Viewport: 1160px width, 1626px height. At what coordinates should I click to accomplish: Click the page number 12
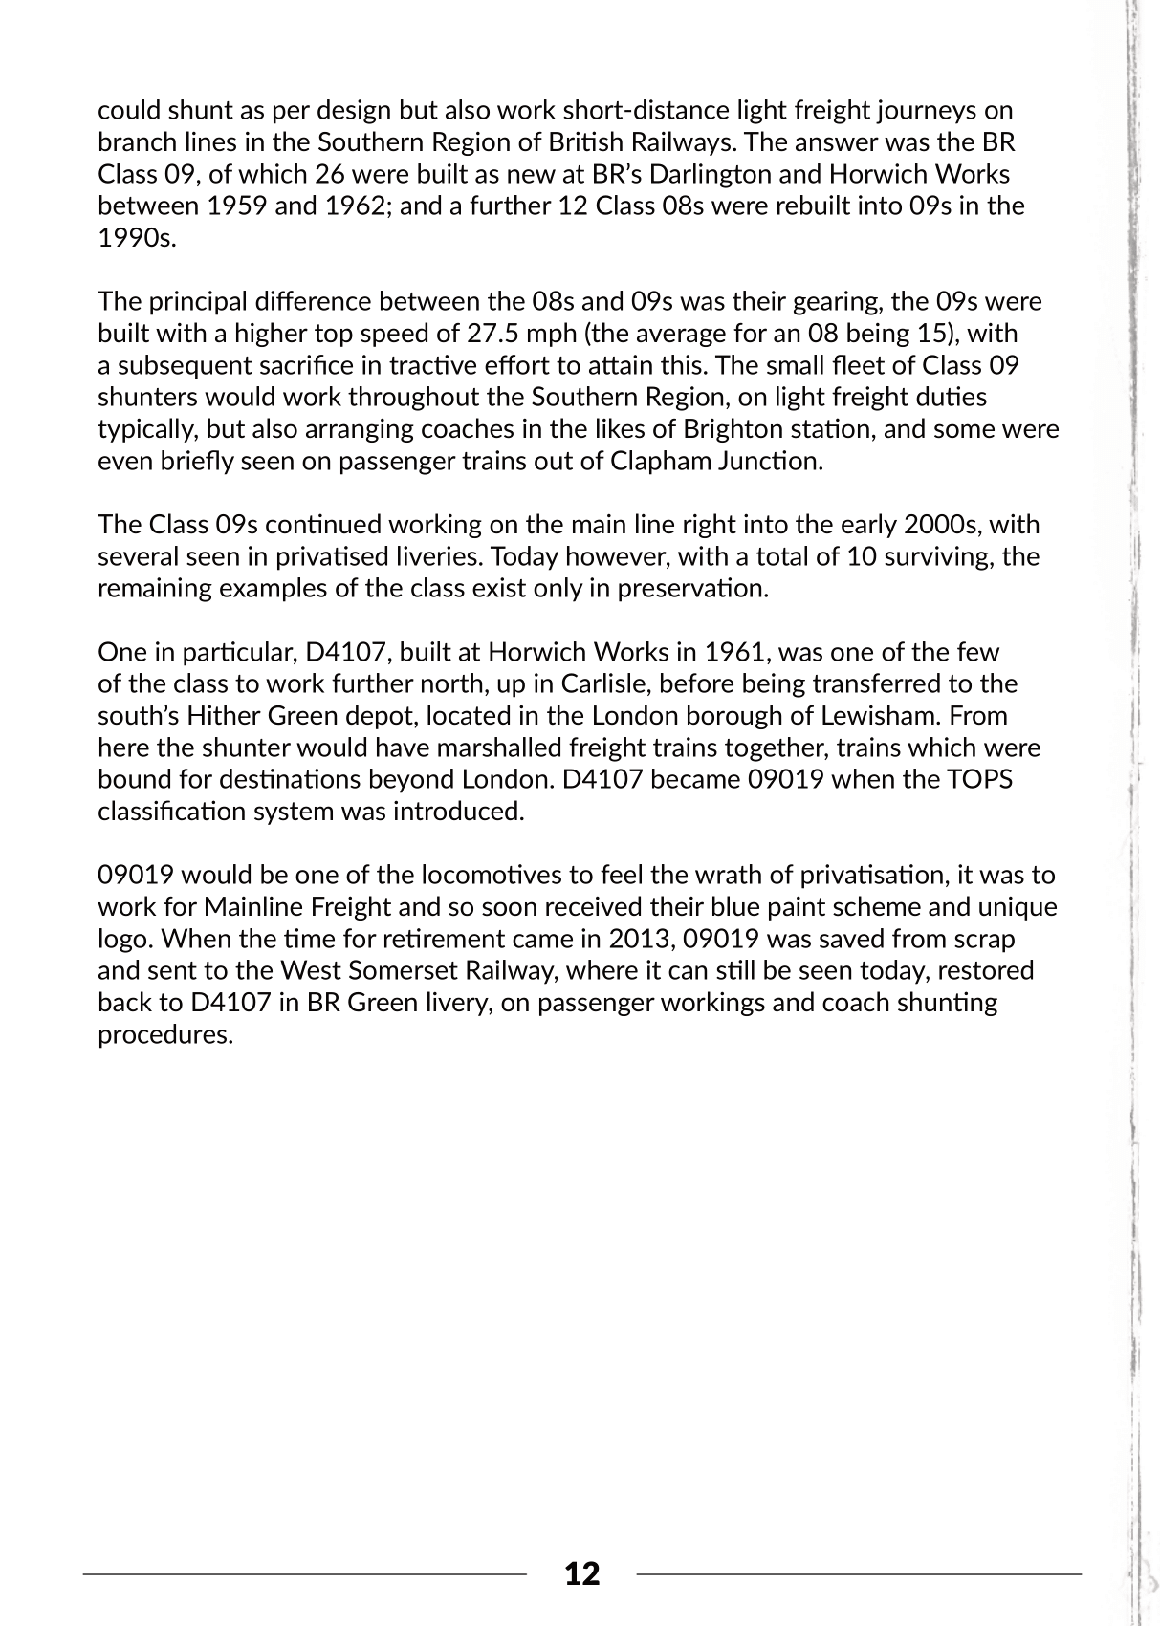[581, 1573]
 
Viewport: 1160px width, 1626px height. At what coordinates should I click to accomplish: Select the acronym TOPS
[979, 779]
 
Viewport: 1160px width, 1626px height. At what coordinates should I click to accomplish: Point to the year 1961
[734, 652]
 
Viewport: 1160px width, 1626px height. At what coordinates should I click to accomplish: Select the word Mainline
[252, 906]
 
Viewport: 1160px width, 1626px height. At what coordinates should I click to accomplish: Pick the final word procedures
[165, 1034]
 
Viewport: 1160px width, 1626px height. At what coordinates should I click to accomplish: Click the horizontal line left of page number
[305, 1572]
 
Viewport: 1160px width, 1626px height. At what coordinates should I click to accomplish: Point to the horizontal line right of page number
[859, 1572]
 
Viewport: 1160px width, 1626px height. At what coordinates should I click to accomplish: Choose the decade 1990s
[137, 238]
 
